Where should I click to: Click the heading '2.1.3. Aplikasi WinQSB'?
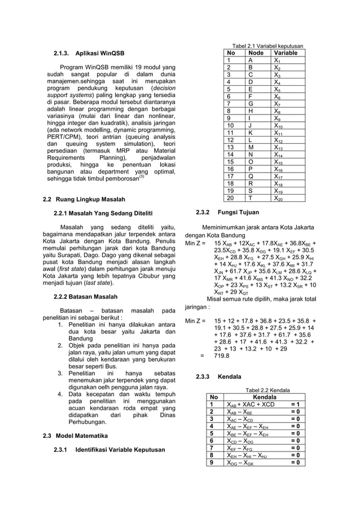click(x=89, y=54)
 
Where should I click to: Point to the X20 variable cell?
click(x=279, y=198)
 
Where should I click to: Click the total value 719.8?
click(x=221, y=356)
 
